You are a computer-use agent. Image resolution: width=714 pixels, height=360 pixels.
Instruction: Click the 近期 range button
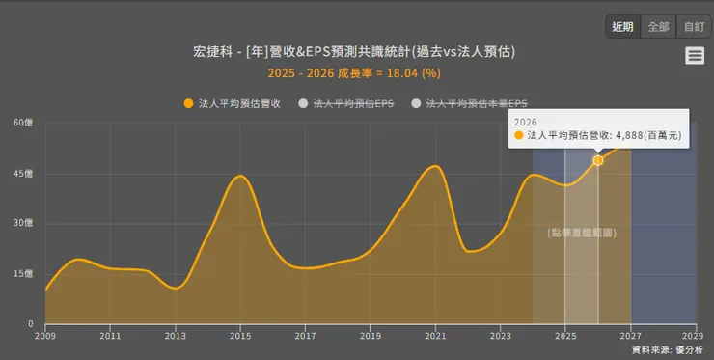pos(623,27)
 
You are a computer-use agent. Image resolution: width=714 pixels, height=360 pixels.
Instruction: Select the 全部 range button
pos(658,27)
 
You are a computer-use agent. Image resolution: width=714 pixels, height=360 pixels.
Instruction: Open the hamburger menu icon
pos(695,56)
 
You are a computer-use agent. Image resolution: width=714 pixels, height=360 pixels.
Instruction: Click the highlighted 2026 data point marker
pos(598,160)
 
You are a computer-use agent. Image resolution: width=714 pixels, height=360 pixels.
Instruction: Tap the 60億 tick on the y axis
pos(23,123)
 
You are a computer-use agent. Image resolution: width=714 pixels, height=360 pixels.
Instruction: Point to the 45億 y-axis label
pos(23,174)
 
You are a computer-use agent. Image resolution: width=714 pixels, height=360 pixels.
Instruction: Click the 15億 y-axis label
pos(23,274)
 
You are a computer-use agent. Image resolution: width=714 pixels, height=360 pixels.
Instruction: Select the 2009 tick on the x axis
pos(45,336)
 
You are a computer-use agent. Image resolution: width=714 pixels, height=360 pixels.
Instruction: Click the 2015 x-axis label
pos(240,336)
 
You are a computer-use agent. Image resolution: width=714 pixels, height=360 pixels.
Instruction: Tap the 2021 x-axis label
pos(435,336)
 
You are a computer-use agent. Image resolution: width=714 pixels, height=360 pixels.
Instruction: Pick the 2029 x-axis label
pos(696,336)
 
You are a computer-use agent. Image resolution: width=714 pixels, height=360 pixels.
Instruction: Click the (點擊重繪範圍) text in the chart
pos(582,234)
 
